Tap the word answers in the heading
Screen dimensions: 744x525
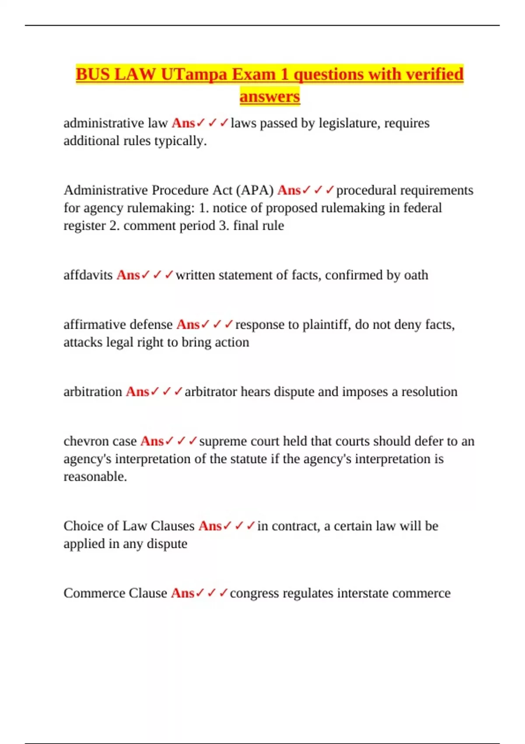[x=269, y=96]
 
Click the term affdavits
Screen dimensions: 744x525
[x=88, y=275]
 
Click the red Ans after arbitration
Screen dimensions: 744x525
[x=137, y=392]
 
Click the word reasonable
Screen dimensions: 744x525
[x=95, y=476]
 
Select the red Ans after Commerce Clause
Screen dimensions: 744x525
[x=182, y=593]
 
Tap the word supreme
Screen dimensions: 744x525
[x=222, y=441]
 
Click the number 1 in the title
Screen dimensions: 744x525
[x=284, y=74]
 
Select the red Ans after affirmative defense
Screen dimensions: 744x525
[x=188, y=324]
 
